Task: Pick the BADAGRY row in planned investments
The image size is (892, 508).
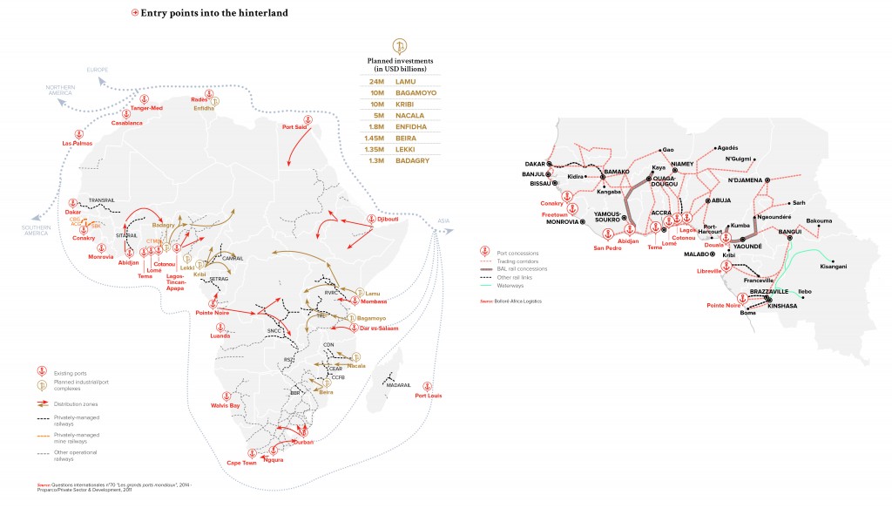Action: click(x=410, y=159)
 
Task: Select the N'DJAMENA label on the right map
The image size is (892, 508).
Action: click(x=745, y=180)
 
